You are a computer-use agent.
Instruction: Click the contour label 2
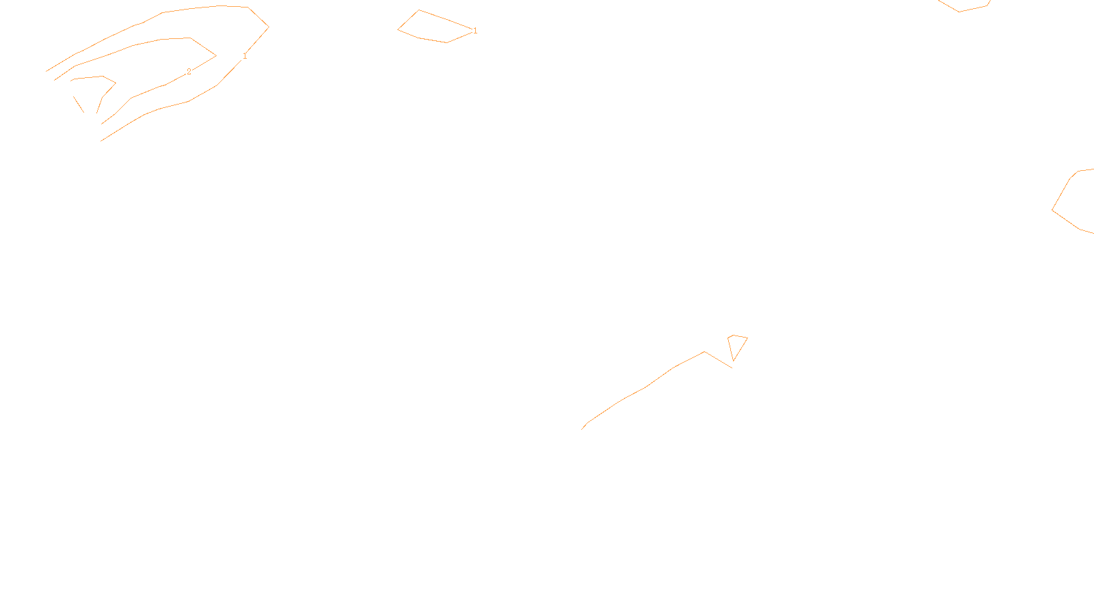pos(189,72)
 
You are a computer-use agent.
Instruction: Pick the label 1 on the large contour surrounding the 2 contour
pos(245,56)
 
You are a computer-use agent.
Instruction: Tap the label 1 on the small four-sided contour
pos(475,31)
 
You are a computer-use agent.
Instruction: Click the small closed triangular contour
pos(736,344)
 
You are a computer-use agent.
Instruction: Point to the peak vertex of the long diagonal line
pos(704,352)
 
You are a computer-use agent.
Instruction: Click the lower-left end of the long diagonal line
pos(582,429)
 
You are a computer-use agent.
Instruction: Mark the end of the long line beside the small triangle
pos(732,368)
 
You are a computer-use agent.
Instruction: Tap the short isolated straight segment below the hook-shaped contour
pos(78,104)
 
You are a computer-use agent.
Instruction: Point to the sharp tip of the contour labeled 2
pos(216,55)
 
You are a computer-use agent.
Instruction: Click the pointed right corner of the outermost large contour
pos(269,27)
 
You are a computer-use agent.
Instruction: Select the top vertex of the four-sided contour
pos(418,10)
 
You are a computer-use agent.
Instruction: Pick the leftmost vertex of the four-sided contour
pos(398,29)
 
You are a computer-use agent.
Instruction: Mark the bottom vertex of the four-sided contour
pos(447,42)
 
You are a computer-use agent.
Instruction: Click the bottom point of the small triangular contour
pos(734,361)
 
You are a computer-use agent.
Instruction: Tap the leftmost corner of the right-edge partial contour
pos(1052,210)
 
